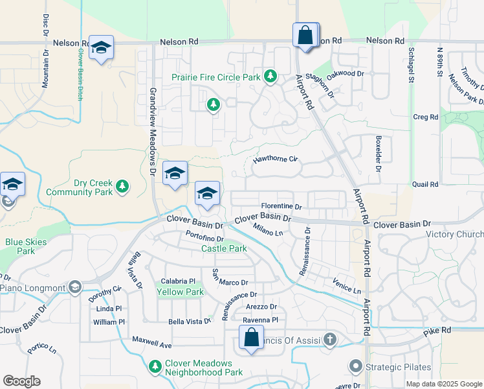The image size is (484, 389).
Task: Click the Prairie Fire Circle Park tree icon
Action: click(x=270, y=77)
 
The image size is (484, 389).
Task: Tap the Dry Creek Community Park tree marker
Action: click(x=122, y=188)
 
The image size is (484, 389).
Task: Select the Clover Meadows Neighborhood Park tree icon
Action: click(x=155, y=367)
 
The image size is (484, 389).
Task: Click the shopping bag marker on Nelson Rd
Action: click(x=305, y=35)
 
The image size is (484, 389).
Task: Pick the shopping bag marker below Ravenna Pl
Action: click(x=250, y=338)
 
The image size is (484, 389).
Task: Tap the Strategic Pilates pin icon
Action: click(x=355, y=367)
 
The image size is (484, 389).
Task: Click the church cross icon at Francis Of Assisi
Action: click(x=330, y=338)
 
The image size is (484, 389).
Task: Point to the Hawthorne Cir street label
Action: click(x=274, y=158)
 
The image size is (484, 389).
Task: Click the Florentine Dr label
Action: click(x=281, y=207)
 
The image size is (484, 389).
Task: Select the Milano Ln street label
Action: click(x=269, y=229)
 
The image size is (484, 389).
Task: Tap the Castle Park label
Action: click(x=224, y=248)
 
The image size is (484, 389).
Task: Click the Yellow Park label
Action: click(x=181, y=292)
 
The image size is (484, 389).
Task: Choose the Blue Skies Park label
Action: click(x=20, y=246)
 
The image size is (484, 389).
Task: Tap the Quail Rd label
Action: click(x=425, y=184)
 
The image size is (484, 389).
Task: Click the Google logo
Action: click(x=21, y=381)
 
